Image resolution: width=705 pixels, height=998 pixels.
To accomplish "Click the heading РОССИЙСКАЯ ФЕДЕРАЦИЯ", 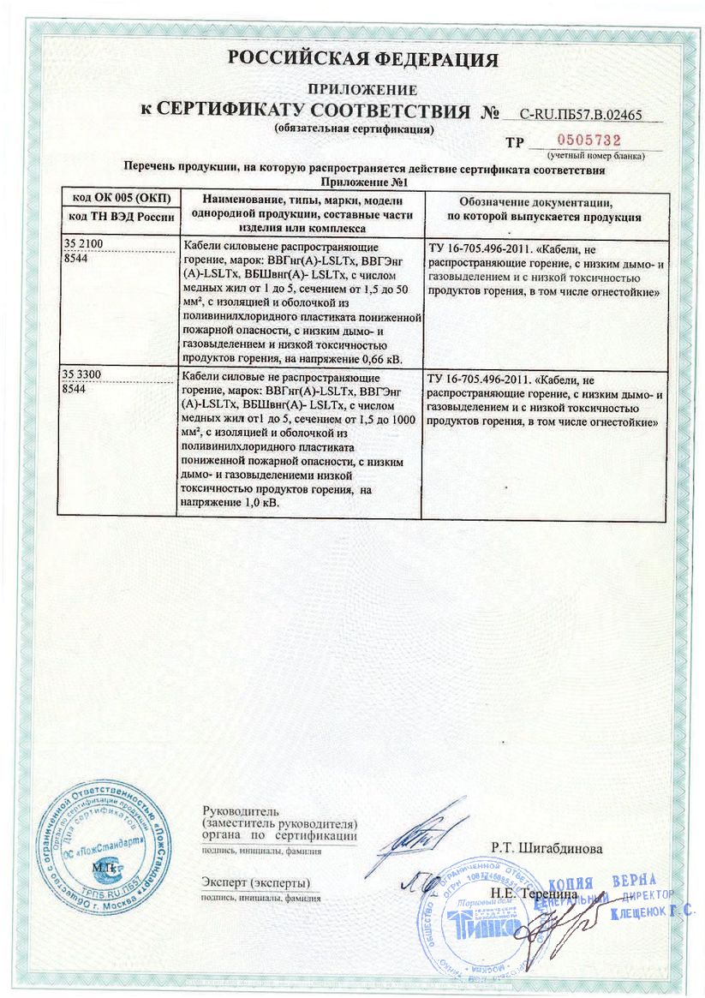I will tap(362, 59).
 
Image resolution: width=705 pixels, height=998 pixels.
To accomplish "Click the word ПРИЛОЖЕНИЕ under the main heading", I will tap(362, 89).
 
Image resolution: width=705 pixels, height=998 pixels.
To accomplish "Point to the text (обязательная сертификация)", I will tap(354, 129).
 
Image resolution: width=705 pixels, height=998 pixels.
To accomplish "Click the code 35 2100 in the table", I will tap(84, 245).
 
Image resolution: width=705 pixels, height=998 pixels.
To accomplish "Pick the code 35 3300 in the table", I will tap(84, 374).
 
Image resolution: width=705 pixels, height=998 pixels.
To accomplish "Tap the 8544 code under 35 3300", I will tap(76, 387).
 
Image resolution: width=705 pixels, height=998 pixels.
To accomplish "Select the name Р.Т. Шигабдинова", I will tap(547, 849).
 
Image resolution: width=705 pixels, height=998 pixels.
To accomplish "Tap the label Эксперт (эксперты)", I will tap(256, 882).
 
